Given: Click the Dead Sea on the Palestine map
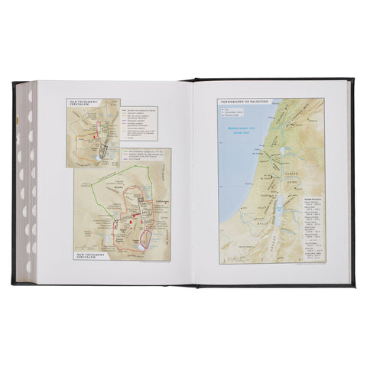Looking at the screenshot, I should [278, 206].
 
